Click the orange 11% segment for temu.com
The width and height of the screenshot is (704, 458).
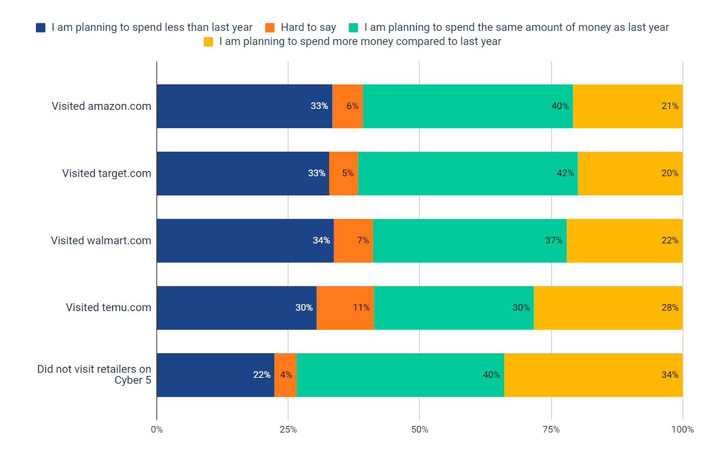[x=345, y=308]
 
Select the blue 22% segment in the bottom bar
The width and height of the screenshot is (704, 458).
[x=215, y=375]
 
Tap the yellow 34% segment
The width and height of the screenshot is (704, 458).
[x=593, y=375]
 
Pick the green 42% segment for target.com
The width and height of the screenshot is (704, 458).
[x=467, y=173]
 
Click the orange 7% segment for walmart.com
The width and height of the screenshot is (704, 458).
[x=353, y=241]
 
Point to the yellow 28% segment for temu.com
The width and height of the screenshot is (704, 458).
[x=608, y=308]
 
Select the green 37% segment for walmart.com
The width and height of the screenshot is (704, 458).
[x=469, y=241]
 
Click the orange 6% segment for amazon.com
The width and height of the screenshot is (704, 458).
[x=347, y=106]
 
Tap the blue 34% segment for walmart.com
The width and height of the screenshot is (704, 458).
[x=245, y=241]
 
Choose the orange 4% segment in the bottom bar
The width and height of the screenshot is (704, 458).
[x=285, y=375]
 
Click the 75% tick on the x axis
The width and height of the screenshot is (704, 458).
[x=551, y=429]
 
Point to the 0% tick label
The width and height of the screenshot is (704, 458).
[x=157, y=429]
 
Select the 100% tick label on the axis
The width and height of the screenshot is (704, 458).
[x=682, y=429]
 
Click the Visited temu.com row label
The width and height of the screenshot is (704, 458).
[x=108, y=308]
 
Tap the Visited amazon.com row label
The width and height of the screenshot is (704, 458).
[x=101, y=106]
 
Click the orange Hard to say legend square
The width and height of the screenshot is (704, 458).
[x=270, y=28]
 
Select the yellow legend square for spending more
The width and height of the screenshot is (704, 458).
[x=208, y=42]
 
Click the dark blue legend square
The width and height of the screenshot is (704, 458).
[x=40, y=28]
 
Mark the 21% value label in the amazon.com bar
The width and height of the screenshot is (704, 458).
[x=670, y=106]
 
